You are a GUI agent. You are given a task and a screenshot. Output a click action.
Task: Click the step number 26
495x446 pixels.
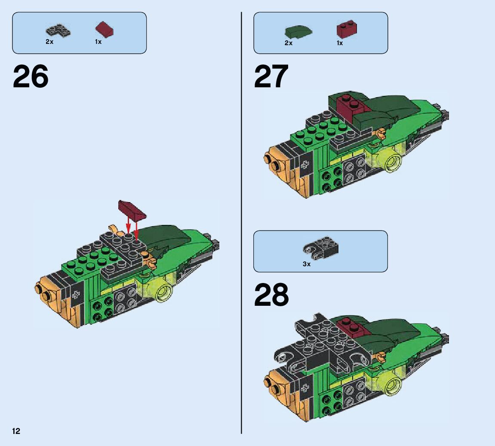pyautogui.click(x=31, y=77)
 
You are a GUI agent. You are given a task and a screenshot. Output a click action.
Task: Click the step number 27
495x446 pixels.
pyautogui.click(x=271, y=77)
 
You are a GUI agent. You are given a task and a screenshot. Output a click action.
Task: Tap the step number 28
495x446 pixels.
pyautogui.click(x=271, y=295)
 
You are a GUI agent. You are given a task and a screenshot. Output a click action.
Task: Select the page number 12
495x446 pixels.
pyautogui.click(x=16, y=431)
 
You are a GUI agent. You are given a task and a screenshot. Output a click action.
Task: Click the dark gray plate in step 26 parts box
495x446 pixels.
pyautogui.click(x=58, y=31)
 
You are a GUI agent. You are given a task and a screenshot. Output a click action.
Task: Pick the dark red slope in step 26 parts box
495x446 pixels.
pyautogui.click(x=105, y=30)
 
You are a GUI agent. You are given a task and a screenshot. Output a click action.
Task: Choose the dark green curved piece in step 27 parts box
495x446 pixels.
pyautogui.click(x=298, y=31)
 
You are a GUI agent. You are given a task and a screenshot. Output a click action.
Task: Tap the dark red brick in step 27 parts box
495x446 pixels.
pyautogui.click(x=347, y=29)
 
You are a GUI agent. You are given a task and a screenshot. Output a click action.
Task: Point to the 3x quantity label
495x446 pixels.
pyautogui.click(x=306, y=264)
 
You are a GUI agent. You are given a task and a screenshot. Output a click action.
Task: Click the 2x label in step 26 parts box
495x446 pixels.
pyautogui.click(x=49, y=42)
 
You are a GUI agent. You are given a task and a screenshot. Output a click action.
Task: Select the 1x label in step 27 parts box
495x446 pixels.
pyautogui.click(x=340, y=43)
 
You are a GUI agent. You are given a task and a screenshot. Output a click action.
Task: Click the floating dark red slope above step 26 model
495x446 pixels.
pyautogui.click(x=132, y=210)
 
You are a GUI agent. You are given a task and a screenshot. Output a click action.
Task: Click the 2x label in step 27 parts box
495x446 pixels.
pyautogui.click(x=288, y=43)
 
